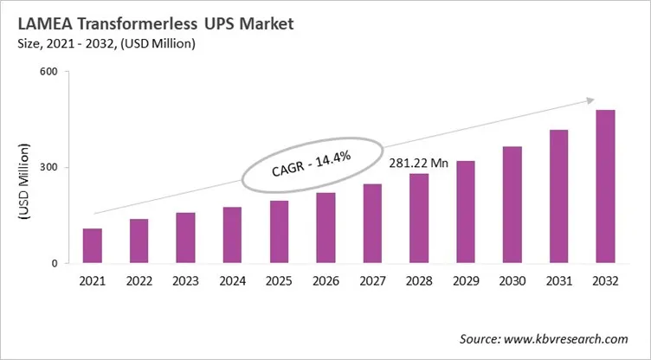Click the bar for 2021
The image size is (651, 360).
point(93,246)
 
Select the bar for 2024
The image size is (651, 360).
point(232,235)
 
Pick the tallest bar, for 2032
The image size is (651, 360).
point(604,186)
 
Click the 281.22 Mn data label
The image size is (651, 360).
point(418,163)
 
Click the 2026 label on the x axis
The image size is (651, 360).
point(325,281)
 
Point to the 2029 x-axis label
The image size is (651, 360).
point(465,281)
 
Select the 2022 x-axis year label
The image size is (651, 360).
point(139,281)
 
